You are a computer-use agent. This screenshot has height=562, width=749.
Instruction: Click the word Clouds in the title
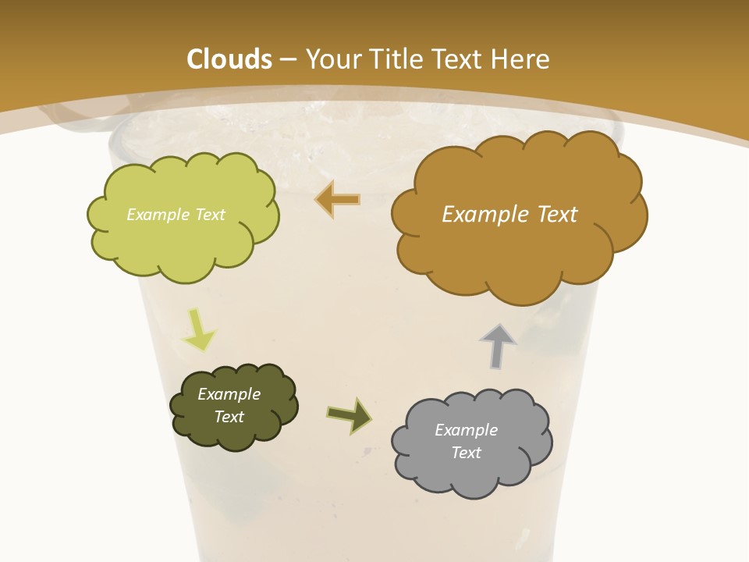coord(229,59)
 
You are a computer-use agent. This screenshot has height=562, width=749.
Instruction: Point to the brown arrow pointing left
coord(338,199)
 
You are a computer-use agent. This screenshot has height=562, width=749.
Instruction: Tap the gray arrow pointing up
coord(497,346)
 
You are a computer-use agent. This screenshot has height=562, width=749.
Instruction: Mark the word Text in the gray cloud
coord(466,453)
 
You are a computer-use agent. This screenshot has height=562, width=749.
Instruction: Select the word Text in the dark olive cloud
coord(229,417)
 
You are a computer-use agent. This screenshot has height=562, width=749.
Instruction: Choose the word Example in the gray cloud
coord(466,430)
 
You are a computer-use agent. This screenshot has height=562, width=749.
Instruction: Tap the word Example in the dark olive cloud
coord(229,394)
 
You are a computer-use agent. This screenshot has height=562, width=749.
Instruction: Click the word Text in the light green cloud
coord(209,215)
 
